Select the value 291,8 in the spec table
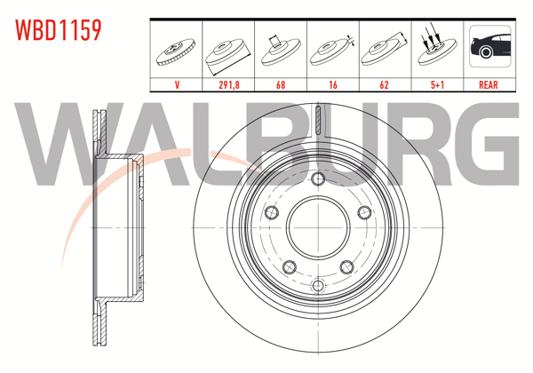pyautogui.click(x=229, y=86)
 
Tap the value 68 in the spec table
pyautogui.click(x=281, y=86)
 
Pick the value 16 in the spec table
pyautogui.click(x=332, y=86)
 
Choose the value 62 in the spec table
pyautogui.click(x=385, y=86)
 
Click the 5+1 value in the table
pyautogui.click(x=436, y=86)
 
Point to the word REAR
pyautogui.click(x=489, y=86)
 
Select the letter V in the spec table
pyautogui.click(x=178, y=86)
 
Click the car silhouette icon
pyautogui.click(x=489, y=49)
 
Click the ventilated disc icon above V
pyautogui.click(x=178, y=51)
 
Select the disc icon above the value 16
pyautogui.click(x=332, y=51)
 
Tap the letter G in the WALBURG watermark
pyautogui.click(x=487, y=147)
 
